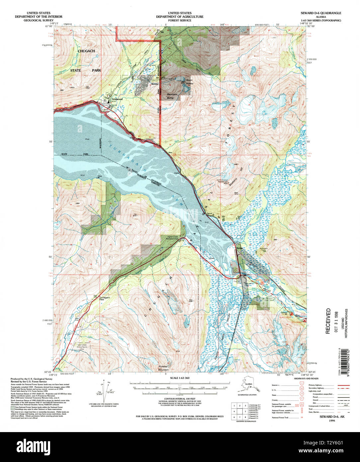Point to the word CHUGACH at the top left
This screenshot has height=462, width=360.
(x=86, y=51)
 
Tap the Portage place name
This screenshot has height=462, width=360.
(x=239, y=248)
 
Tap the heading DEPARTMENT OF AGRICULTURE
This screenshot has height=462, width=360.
(x=180, y=17)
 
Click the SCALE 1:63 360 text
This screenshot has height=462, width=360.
(x=180, y=378)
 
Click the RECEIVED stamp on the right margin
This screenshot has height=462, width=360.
(x=328, y=321)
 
